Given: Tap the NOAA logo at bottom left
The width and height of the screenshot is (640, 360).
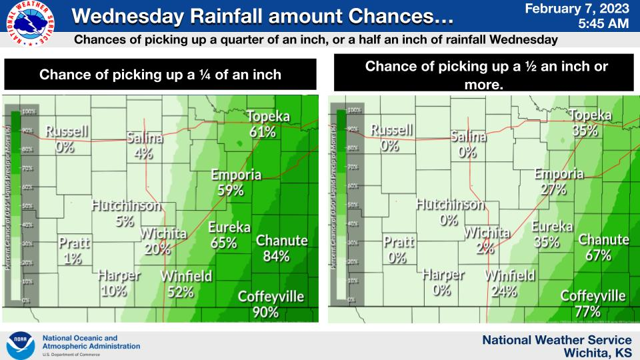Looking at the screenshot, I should (20, 343).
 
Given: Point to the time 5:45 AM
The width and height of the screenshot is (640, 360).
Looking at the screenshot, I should (603, 24).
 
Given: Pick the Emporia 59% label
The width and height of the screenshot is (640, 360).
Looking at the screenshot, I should (236, 183).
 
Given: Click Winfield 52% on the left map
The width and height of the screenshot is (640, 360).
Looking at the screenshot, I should (186, 283).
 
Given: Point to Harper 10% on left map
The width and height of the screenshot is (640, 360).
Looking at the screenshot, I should (119, 283).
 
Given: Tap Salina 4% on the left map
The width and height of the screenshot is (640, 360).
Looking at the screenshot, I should (145, 146).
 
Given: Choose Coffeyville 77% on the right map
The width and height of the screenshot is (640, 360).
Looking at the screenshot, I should (592, 303).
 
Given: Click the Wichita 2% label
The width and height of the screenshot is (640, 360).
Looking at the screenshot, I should (487, 241).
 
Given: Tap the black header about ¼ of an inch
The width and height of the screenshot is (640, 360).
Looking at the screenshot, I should (161, 75).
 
